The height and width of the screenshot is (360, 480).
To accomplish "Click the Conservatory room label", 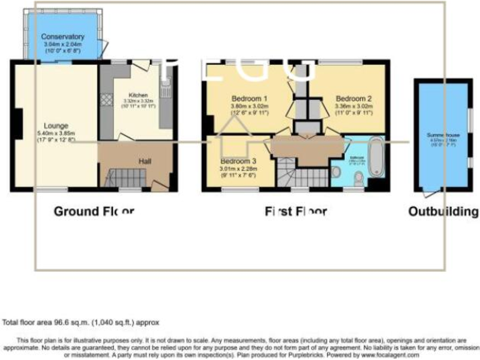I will (64, 37).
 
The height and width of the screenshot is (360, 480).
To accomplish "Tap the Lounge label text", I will (56, 126).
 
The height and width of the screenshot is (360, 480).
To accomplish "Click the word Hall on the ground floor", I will (144, 161).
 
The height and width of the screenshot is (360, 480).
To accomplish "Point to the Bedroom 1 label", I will (249, 99).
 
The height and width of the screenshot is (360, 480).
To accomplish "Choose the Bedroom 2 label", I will (353, 99).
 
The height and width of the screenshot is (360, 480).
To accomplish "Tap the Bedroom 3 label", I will (237, 159).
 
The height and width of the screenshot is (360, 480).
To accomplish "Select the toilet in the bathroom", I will (358, 179).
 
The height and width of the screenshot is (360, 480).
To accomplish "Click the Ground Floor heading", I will (94, 211).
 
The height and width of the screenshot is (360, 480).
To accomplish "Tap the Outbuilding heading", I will (443, 211).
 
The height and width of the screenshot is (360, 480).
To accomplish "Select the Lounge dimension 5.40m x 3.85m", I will (56, 133).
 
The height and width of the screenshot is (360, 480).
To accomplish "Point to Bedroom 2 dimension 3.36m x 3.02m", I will (353, 106).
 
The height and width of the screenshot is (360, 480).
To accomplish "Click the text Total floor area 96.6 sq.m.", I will (81, 322).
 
